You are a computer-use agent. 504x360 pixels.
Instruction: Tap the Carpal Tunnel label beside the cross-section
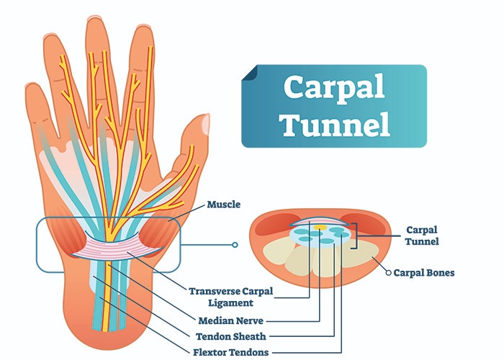pos(420,236)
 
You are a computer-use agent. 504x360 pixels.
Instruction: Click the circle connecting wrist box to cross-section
pos(235,245)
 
